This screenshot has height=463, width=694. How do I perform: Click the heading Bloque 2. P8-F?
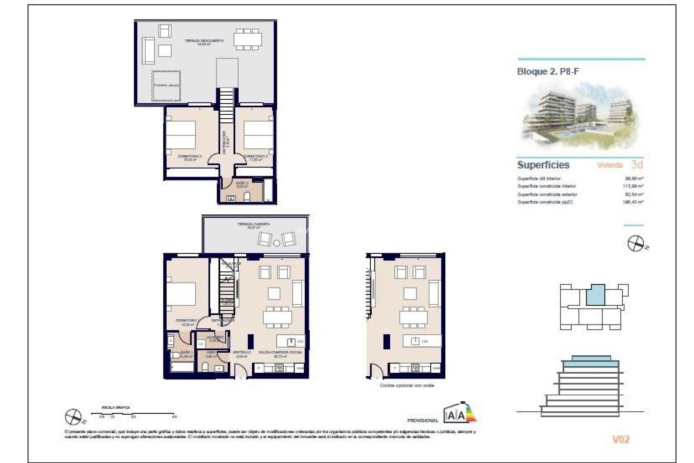[548, 71]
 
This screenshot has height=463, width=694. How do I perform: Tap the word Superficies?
[543, 165]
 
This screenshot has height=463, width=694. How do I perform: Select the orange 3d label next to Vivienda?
[637, 165]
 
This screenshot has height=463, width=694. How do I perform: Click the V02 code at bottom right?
[621, 439]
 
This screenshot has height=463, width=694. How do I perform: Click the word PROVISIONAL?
[422, 420]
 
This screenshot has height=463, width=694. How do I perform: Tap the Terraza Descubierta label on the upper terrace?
[204, 42]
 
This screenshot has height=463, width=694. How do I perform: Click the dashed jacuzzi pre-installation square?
[166, 86]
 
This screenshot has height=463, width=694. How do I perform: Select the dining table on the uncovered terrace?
[248, 39]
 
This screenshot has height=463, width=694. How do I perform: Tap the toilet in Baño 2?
[248, 197]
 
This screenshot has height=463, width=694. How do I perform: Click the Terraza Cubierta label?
[253, 226]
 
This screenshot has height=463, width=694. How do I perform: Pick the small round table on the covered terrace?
[277, 243]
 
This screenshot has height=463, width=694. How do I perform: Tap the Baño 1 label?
[187, 353]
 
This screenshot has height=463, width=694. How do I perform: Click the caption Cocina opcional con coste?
[407, 386]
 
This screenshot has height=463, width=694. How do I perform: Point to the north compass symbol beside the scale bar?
[74, 417]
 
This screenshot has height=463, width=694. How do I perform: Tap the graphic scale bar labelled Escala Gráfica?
[134, 413]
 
